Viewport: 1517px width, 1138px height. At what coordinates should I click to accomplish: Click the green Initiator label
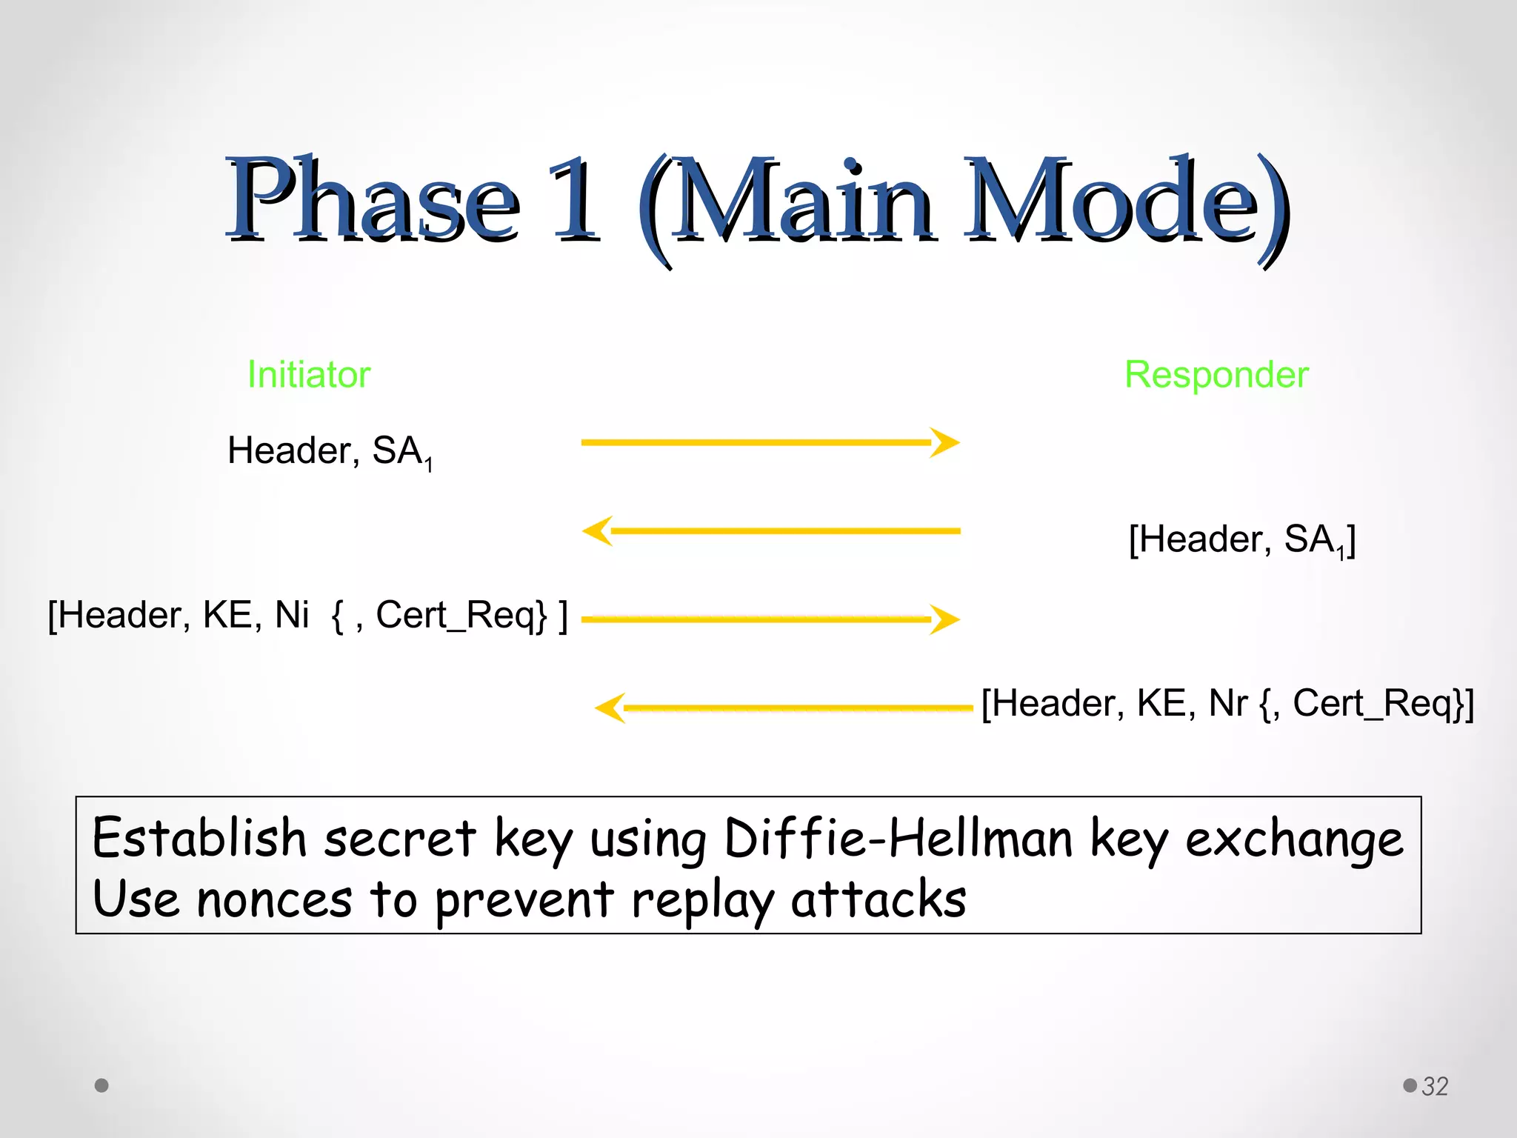click(308, 374)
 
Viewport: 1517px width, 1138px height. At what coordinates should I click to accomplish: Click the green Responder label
click(1216, 374)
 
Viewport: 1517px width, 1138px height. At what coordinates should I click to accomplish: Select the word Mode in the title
click(1126, 200)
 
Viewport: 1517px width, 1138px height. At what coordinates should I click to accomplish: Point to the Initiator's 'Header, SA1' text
click(329, 450)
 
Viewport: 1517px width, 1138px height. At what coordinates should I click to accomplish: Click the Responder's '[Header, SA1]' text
click(1241, 539)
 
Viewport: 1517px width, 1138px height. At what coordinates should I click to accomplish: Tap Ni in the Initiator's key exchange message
click(291, 615)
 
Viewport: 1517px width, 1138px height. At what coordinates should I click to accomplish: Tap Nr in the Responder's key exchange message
click(1227, 703)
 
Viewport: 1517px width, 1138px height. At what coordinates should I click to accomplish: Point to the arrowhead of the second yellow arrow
click(598, 530)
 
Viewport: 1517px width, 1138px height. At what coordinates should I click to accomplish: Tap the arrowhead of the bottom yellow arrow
click(610, 708)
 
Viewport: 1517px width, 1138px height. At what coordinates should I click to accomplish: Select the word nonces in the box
click(274, 900)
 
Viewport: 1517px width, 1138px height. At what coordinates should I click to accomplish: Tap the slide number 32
click(1435, 1086)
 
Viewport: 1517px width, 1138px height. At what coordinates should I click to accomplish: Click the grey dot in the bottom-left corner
click(101, 1085)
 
